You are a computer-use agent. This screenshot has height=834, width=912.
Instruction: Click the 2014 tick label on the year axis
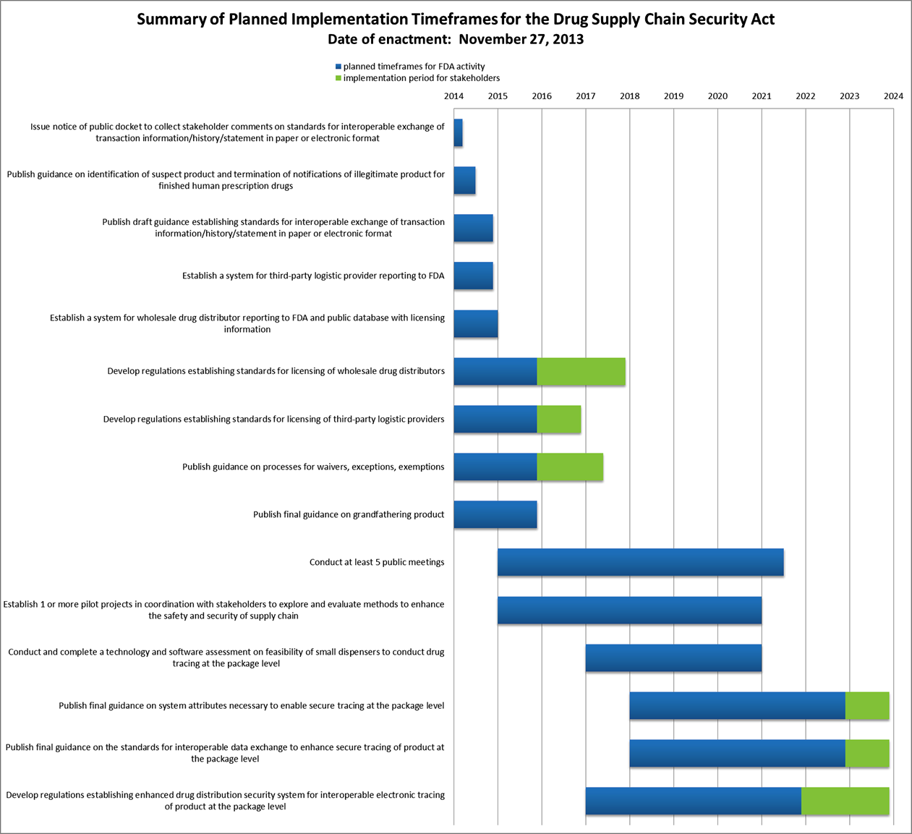click(x=453, y=96)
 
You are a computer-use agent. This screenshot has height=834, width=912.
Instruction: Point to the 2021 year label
click(x=761, y=96)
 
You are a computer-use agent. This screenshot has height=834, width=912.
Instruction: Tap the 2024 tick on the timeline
click(x=893, y=96)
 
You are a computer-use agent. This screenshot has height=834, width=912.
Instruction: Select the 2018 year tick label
click(x=629, y=96)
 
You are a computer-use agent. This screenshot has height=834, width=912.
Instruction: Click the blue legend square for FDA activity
click(x=338, y=67)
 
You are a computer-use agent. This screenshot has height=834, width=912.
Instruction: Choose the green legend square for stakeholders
click(x=338, y=78)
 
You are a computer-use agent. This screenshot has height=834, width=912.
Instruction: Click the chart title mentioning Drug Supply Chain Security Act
click(x=456, y=20)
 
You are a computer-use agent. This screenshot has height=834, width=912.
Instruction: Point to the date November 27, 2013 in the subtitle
click(x=521, y=40)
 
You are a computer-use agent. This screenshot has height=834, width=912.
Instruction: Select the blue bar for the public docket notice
click(x=458, y=132)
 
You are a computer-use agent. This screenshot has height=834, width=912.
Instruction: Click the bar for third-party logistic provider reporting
click(x=473, y=276)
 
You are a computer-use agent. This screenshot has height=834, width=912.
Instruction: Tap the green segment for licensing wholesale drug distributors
click(x=581, y=371)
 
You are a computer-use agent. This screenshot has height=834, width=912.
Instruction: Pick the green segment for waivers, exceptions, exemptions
click(x=570, y=467)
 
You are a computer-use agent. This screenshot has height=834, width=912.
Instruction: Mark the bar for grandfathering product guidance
click(x=495, y=514)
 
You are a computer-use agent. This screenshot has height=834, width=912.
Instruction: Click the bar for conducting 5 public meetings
click(x=640, y=562)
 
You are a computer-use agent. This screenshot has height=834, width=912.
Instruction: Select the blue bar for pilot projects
click(x=629, y=610)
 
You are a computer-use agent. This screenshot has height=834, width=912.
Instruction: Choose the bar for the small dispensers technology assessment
click(x=673, y=658)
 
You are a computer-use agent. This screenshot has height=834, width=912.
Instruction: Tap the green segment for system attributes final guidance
click(x=867, y=705)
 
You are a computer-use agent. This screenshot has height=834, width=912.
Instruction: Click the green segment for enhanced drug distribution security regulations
click(x=845, y=801)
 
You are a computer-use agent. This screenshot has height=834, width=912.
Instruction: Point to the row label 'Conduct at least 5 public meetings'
click(x=377, y=562)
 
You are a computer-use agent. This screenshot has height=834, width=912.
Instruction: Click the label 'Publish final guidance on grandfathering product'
click(x=349, y=514)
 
